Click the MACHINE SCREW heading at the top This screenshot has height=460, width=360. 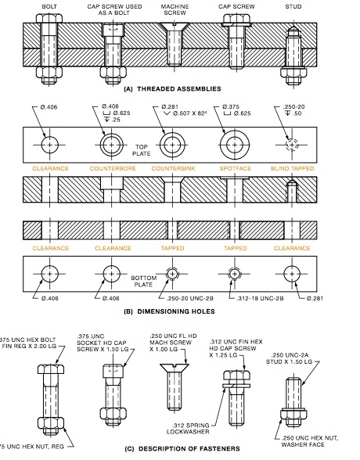[175, 9]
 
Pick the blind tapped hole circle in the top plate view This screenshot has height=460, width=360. [291, 146]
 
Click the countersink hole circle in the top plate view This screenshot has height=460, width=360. [172, 146]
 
